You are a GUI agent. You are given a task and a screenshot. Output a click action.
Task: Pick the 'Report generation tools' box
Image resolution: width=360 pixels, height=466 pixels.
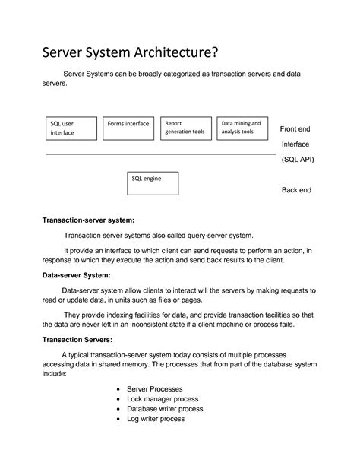point(185,128)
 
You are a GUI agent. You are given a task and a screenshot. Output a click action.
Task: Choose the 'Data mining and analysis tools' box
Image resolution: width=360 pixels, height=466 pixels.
point(242,128)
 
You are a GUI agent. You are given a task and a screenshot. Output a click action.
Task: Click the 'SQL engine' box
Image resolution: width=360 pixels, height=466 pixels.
point(153,182)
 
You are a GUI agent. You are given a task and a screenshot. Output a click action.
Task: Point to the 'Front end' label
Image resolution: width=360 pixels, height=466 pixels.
point(295,128)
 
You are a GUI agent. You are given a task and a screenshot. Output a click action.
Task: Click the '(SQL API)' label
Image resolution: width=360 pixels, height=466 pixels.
point(297,160)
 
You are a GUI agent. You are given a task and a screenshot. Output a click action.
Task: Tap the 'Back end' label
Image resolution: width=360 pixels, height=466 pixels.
point(296,190)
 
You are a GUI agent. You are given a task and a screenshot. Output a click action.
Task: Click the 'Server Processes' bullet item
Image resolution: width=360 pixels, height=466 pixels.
point(155,388)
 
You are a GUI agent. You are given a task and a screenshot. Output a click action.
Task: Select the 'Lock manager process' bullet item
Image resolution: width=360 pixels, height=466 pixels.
point(163,398)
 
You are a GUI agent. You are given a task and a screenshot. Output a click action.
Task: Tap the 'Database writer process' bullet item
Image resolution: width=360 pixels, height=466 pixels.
point(165,408)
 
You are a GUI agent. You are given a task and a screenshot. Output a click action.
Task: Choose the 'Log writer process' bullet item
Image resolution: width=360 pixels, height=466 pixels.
point(156,418)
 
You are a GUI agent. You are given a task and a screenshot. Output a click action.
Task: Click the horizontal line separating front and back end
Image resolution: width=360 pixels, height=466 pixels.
point(159,154)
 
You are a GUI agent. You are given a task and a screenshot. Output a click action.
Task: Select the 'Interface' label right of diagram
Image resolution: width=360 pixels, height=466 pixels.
point(295,144)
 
